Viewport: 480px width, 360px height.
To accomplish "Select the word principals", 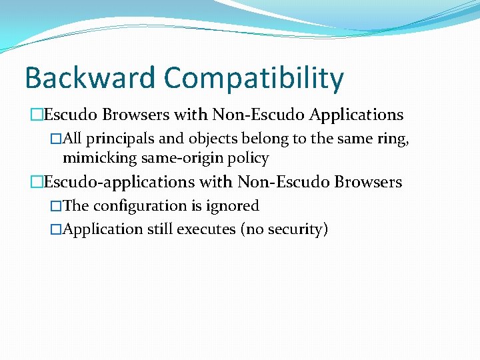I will tap(116, 139).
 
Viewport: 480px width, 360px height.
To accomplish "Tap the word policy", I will tap(248, 159).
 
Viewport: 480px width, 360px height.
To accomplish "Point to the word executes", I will tap(205, 229).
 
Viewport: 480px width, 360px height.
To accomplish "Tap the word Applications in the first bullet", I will tap(357, 115).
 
